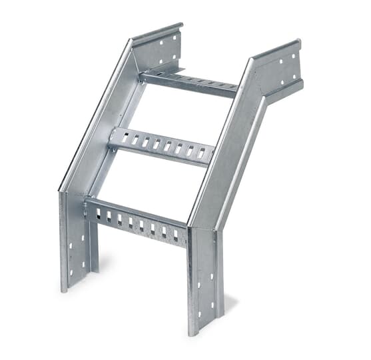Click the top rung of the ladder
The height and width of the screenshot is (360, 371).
(x=189, y=82)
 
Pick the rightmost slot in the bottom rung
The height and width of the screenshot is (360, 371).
(x=176, y=235)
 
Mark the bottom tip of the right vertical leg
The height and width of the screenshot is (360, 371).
(x=193, y=332)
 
